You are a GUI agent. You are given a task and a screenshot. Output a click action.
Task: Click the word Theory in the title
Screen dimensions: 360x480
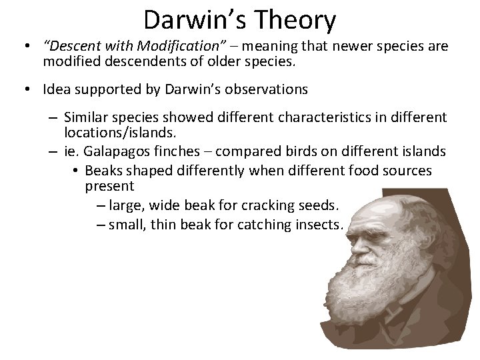click(297, 20)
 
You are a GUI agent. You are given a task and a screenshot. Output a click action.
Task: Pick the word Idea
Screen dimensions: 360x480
click(56, 89)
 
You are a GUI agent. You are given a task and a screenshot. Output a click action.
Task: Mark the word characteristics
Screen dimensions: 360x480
click(333, 118)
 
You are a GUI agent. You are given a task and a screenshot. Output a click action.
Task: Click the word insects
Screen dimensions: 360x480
click(317, 225)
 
